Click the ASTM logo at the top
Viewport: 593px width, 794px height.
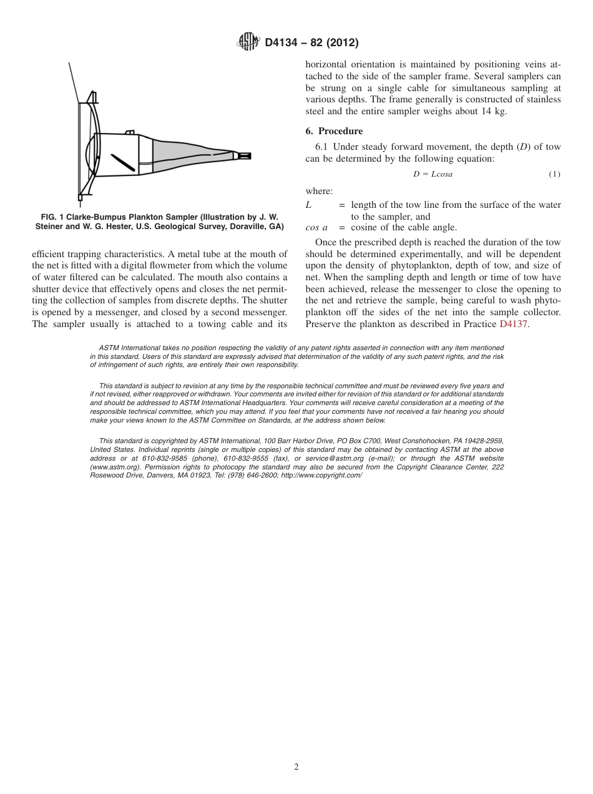pyautogui.click(x=248, y=42)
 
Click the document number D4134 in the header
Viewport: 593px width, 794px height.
pyautogui.click(x=283, y=42)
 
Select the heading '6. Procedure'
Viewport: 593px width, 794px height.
pyautogui.click(x=334, y=131)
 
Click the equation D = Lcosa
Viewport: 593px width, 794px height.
pyautogui.click(x=433, y=174)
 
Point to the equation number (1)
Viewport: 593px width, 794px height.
pyautogui.click(x=554, y=174)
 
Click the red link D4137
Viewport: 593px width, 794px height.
pyautogui.click(x=514, y=324)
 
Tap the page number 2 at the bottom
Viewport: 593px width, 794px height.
pyautogui.click(x=296, y=767)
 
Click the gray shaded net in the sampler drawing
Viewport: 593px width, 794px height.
pyautogui.click(x=187, y=154)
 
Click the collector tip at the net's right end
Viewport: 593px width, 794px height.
pyautogui.click(x=243, y=155)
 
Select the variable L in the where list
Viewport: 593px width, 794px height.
pyautogui.click(x=309, y=205)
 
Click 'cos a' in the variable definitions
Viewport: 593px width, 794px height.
pyautogui.click(x=316, y=228)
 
